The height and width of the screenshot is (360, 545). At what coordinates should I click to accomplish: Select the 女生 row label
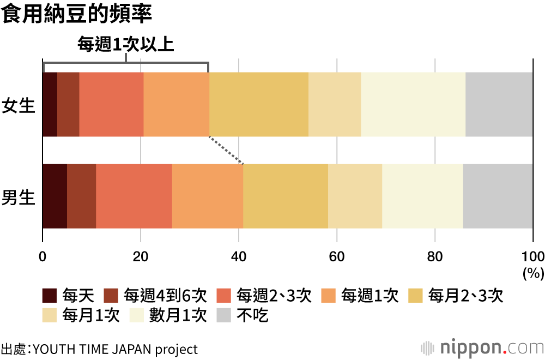coord(19,105)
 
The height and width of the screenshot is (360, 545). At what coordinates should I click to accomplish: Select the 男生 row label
coord(19,197)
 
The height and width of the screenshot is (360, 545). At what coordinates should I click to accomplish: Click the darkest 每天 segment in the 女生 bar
coord(50,104)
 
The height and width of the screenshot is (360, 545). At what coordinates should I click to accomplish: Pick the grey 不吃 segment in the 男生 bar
coord(498,196)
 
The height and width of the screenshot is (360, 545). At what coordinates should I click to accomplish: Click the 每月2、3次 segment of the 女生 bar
coord(259,104)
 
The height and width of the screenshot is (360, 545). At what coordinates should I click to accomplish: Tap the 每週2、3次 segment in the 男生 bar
coord(134,196)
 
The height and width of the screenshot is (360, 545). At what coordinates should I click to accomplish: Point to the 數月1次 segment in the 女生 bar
coord(413,104)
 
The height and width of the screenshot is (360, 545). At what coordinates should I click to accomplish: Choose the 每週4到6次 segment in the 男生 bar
coord(81,196)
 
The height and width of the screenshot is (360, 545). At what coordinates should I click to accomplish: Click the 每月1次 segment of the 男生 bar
coord(355,196)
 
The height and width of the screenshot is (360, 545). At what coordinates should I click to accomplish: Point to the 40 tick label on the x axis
coord(239,257)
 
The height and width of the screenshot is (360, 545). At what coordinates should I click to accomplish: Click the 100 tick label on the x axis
coord(532,257)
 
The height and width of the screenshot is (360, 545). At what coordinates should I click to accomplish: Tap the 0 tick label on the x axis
coord(43,257)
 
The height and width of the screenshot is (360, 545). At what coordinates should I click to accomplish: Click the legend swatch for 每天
coord(50,296)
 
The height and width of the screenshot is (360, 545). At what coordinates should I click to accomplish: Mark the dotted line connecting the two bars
coord(226,150)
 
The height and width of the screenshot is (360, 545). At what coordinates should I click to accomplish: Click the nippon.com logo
coord(482,347)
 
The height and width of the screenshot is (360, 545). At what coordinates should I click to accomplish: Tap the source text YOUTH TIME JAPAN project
coord(115,349)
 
